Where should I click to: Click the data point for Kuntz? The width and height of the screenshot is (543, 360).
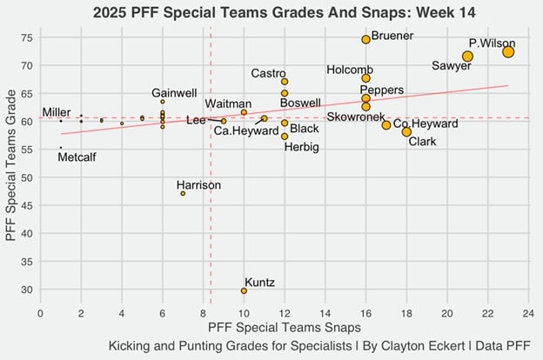click(244, 291)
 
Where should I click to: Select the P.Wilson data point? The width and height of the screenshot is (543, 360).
click(508, 52)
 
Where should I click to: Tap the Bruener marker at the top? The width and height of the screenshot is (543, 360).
click(365, 39)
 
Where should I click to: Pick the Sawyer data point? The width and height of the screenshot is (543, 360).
click(467, 57)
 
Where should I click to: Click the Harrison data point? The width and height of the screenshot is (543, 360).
click(183, 193)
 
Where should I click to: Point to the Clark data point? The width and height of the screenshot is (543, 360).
click(406, 132)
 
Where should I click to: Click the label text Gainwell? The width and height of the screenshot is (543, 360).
click(174, 93)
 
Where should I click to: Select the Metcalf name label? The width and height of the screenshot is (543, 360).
click(77, 157)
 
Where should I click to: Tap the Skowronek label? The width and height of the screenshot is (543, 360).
click(356, 117)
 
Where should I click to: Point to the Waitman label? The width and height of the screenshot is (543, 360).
click(228, 104)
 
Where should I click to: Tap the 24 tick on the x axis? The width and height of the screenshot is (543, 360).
click(528, 311)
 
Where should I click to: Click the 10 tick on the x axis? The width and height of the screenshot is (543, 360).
click(244, 311)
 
